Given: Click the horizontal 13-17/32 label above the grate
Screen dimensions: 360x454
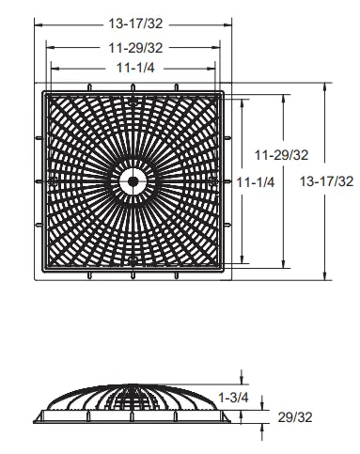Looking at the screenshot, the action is pos(135,23).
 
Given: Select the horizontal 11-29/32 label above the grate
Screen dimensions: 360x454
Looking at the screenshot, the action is pos(135,48).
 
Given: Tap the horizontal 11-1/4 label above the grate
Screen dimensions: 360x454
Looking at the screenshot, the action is pos(135,68).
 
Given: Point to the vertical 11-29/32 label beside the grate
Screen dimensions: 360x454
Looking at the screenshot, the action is pos(281,155).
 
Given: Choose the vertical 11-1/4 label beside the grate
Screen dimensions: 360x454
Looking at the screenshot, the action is pos(256,182).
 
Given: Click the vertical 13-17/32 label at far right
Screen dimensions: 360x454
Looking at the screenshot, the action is pos(326,181).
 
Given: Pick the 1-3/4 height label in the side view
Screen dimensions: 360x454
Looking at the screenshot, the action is pos(233,398).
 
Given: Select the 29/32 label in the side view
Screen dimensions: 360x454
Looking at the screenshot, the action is pos(295,417).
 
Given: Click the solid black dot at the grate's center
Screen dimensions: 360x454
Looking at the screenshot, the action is pos(133,181).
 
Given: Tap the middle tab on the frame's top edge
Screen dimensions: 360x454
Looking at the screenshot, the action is pos(133,87).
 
